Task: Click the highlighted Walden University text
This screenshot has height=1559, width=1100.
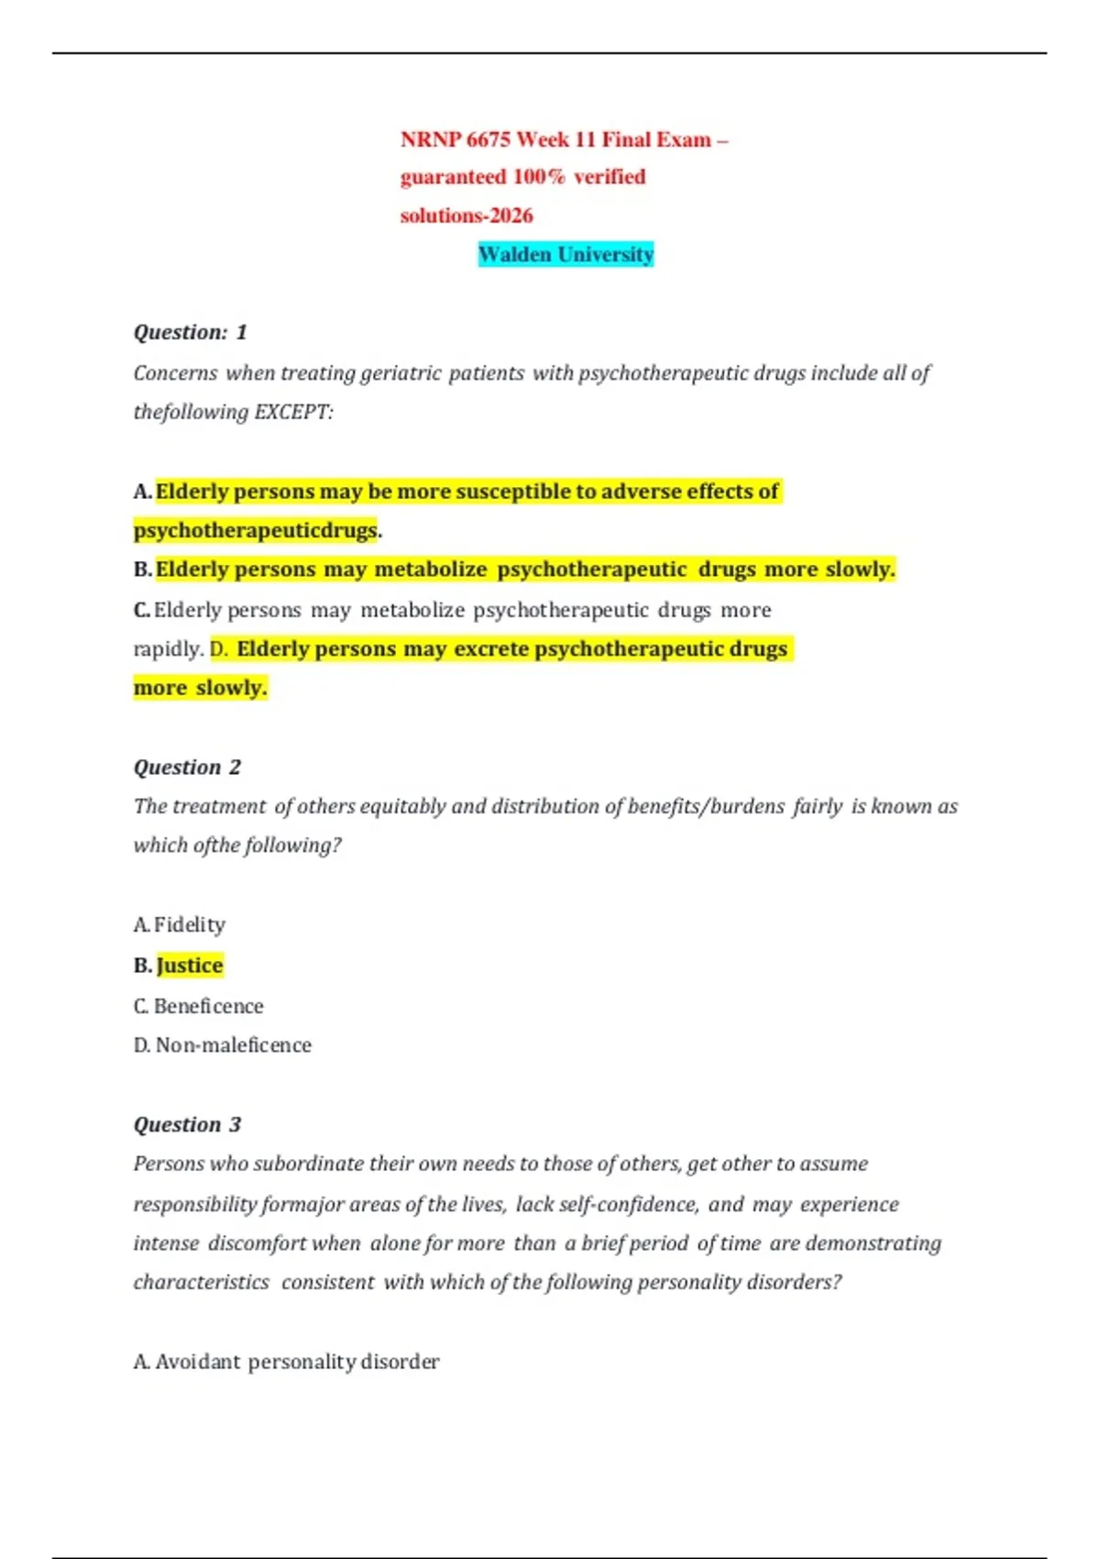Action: (566, 254)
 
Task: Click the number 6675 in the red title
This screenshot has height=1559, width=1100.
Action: (488, 139)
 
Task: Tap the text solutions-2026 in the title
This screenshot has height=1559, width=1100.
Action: (466, 216)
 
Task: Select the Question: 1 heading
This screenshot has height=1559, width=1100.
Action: (190, 332)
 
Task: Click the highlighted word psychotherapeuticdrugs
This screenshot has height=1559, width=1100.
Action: (256, 530)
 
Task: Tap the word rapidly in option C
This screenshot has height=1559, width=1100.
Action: (167, 649)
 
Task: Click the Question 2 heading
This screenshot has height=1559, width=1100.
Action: (187, 767)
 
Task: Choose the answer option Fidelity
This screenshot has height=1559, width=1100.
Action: (189, 924)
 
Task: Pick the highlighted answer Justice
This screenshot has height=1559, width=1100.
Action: (190, 965)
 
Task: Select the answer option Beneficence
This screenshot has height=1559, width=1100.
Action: (208, 1006)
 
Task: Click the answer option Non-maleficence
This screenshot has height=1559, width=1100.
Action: (233, 1045)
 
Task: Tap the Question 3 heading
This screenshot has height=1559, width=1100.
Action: (187, 1124)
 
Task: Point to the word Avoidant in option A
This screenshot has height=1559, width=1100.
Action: (197, 1362)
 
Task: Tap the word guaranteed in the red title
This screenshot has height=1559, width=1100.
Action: (453, 177)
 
